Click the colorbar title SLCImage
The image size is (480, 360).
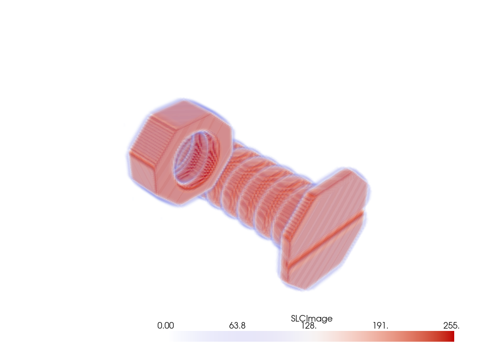(x=312, y=319)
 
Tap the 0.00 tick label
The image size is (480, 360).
(x=165, y=326)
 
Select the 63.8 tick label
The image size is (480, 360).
(x=238, y=326)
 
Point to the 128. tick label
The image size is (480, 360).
(x=309, y=326)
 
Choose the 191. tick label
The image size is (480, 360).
(x=380, y=326)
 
